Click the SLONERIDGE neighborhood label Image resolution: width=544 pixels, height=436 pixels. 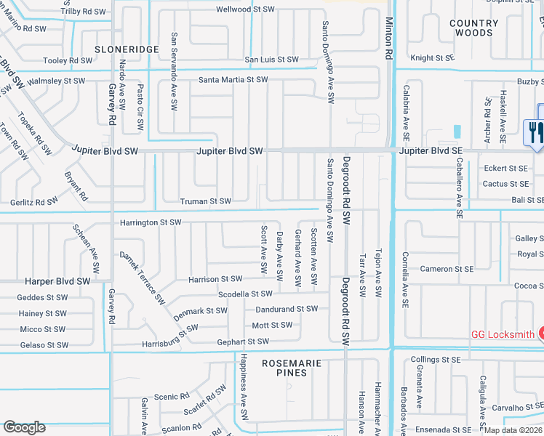coord(127,49)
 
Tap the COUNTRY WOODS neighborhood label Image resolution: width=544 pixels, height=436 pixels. coord(474,28)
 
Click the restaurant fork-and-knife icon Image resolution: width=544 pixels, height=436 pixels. coord(532,132)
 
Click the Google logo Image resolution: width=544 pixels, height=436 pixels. coord(24,427)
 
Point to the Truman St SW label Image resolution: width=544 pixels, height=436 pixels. coord(206,201)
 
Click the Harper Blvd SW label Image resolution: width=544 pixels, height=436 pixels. coord(57,280)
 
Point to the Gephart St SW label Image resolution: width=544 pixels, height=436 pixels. coord(243,342)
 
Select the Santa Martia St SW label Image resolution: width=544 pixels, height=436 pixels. coord(233,79)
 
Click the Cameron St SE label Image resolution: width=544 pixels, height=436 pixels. coord(447,269)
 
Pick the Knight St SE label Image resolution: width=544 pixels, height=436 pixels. coord(432,58)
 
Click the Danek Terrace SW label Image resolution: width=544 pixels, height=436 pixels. coord(143,278)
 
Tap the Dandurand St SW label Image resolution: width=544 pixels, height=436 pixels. coord(286,309)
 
